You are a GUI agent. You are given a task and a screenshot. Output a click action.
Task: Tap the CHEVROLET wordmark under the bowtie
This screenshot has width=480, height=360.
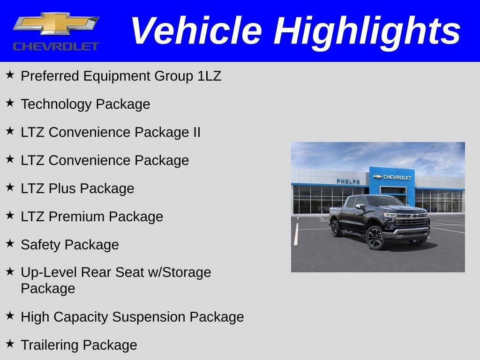56,46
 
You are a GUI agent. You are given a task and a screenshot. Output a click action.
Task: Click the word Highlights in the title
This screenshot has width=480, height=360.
367,31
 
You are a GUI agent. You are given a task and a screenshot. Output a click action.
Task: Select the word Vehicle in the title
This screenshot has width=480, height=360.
196,31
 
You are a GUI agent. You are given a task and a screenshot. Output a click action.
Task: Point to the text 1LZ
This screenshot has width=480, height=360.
209,76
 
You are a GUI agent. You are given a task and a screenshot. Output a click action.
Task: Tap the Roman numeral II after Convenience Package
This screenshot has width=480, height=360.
196,132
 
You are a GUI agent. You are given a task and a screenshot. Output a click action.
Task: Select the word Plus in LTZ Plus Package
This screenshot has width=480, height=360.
63,188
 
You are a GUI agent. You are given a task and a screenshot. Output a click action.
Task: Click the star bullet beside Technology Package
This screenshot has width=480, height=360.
10,103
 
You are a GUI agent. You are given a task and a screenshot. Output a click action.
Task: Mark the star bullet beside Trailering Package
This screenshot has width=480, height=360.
10,344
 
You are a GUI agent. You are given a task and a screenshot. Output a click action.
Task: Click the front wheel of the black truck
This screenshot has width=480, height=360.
375,237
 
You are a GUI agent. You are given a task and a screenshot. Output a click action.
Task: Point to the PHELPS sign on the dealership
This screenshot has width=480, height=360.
348,181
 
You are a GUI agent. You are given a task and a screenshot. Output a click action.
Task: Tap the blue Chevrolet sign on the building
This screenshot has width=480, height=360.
392,177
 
